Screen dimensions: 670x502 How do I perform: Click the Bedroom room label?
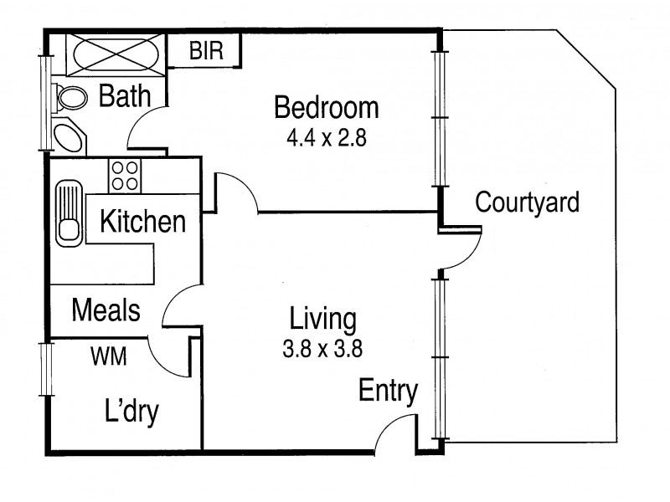point(327,108)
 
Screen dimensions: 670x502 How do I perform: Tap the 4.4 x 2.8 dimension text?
point(327,138)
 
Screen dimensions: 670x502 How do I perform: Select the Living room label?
point(322,320)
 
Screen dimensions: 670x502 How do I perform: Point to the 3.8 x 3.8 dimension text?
point(322,348)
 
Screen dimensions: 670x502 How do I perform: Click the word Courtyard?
point(528,202)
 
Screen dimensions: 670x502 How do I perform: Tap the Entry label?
point(388,391)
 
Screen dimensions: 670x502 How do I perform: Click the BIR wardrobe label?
point(206,50)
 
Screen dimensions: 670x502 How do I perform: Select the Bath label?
point(125,96)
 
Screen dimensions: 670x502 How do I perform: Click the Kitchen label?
point(142,221)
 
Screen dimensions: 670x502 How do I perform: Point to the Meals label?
point(106,310)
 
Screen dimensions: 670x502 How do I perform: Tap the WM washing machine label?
point(109,356)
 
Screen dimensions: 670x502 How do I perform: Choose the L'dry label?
point(131,412)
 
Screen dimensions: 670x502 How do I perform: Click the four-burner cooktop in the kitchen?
point(125,176)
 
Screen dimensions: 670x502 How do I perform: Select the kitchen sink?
point(69,213)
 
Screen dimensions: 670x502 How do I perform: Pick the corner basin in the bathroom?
point(69,136)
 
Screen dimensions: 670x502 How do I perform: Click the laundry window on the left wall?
point(46,369)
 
